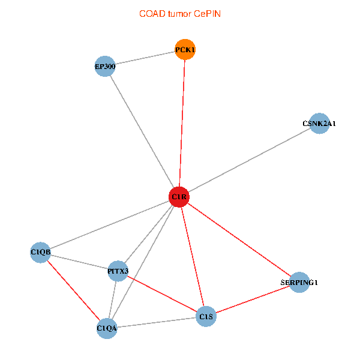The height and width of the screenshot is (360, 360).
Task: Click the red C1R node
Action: (179, 197)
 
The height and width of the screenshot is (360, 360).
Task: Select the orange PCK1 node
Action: (185, 50)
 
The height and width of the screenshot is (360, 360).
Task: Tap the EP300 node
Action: (105, 67)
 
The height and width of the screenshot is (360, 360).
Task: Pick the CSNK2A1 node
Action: (319, 124)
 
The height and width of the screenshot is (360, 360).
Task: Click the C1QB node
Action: (40, 253)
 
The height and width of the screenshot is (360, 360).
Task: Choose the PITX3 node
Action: (118, 271)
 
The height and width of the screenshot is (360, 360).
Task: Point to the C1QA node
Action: (107, 328)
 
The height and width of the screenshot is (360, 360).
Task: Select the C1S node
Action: (206, 316)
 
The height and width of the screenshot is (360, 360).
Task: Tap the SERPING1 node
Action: (299, 283)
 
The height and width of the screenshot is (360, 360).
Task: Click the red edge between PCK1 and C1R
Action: (182, 123)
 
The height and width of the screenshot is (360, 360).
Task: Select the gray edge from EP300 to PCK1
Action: (145, 58)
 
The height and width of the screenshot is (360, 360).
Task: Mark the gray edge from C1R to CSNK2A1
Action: (249, 160)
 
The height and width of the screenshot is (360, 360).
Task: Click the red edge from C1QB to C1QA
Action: (73, 290)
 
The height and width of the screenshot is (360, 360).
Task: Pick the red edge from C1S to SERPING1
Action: (253, 299)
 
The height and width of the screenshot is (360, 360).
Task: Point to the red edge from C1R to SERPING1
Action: (239, 239)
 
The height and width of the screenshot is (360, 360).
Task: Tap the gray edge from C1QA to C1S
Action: (157, 322)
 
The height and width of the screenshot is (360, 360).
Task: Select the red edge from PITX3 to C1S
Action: (162, 293)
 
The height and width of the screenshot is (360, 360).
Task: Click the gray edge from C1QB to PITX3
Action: (79, 262)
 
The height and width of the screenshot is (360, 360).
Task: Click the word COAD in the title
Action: (152, 14)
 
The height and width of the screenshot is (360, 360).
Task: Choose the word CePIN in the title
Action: (207, 14)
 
